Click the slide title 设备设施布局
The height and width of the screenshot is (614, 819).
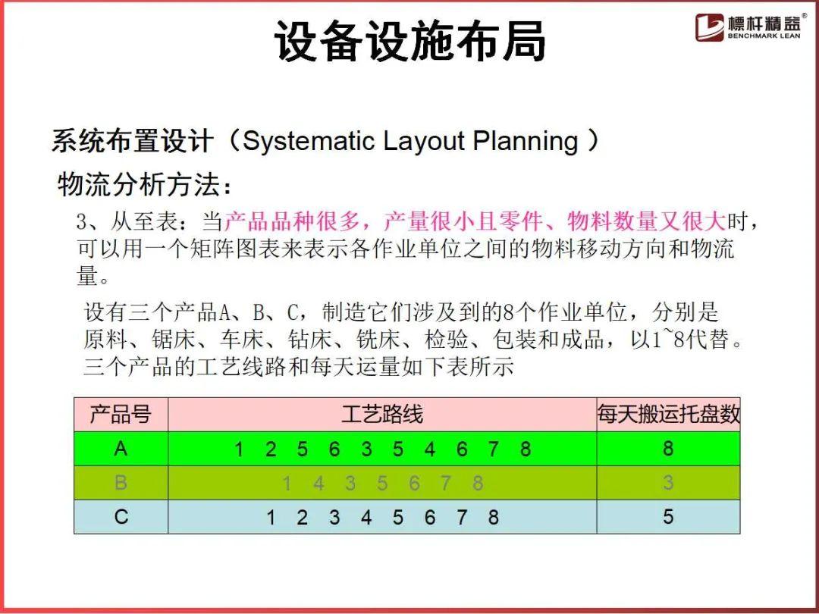pos(410,42)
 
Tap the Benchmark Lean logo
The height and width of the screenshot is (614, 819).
pos(751,27)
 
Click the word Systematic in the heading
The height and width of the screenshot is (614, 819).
pos(309,141)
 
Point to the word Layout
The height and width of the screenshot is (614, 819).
pos(424,141)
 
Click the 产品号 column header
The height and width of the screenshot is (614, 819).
pos(121,415)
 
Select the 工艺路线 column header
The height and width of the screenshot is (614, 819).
pos(381,415)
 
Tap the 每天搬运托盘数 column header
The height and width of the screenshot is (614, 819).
pos(669,414)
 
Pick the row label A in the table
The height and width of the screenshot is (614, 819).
pos(121,449)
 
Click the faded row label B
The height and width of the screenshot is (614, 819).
pos(121,482)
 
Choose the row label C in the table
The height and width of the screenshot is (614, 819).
pos(121,517)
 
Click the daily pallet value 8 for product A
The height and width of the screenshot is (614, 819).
pos(668,449)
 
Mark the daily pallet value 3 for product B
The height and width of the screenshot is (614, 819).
pos(668,482)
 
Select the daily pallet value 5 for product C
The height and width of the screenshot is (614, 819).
pos(668,517)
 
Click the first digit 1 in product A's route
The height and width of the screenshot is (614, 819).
pos(239,449)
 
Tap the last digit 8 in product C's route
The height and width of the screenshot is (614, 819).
pos(493,518)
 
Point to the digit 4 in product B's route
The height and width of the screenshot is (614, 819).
pos(318,484)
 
